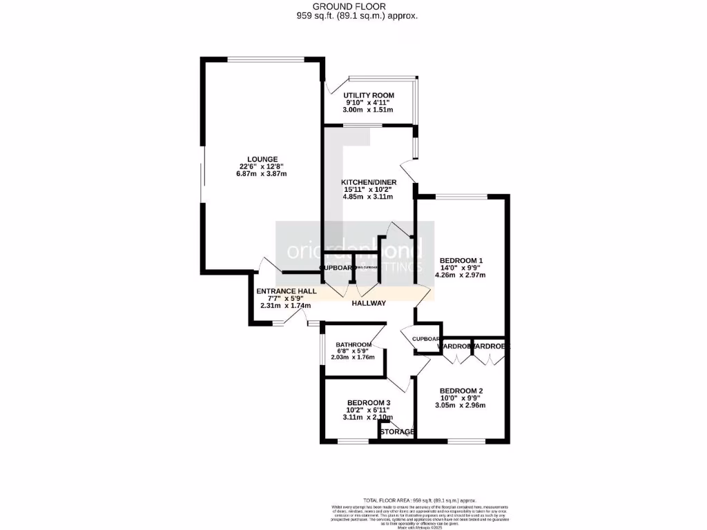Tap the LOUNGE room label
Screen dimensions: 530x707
click(253, 159)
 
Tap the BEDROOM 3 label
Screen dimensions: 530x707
click(369, 403)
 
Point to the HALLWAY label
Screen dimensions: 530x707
click(369, 304)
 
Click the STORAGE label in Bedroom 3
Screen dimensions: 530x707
click(397, 433)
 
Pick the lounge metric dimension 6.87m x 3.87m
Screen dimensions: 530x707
click(253, 174)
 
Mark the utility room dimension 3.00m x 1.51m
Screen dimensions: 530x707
click(369, 110)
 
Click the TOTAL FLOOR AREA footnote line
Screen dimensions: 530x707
click(419, 500)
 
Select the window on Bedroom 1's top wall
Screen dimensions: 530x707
click(462, 197)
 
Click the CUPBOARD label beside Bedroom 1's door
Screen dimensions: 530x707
click(427, 339)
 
